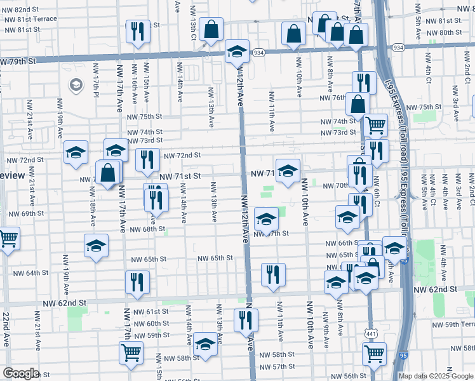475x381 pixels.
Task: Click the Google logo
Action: pyautogui.click(x=20, y=373)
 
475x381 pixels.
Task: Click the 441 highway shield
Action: pyautogui.click(x=371, y=333)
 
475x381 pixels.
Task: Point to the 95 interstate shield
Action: pyautogui.click(x=405, y=357)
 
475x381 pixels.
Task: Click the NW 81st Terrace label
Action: pyautogui.click(x=30, y=19)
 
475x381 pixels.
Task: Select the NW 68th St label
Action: pyautogui.click(x=149, y=229)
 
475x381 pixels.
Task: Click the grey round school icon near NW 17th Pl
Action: pyautogui.click(x=75, y=84)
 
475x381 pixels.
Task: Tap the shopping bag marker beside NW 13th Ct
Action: pyautogui.click(x=211, y=29)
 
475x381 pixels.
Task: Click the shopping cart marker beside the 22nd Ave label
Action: pyautogui.click(x=8, y=239)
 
